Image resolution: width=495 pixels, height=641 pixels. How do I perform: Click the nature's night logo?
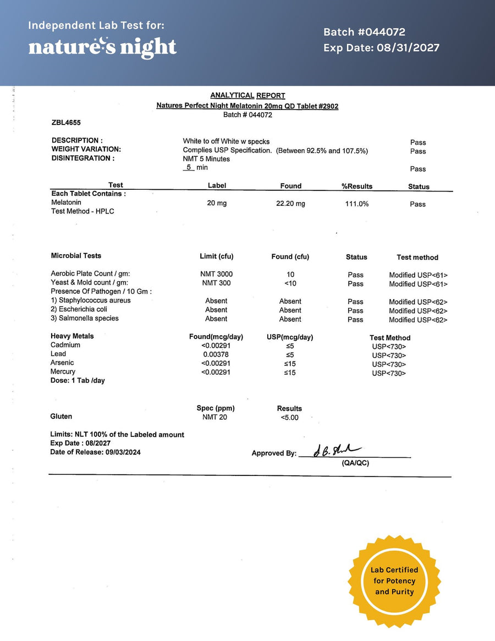pos(102,47)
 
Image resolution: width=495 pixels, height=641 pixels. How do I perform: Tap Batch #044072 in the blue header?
pos(364,32)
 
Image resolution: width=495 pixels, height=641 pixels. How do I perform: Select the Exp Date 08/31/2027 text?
pos(381,48)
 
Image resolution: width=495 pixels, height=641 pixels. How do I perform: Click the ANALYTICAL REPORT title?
pos(248,96)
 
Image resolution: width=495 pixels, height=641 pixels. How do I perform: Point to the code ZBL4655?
pos(66,123)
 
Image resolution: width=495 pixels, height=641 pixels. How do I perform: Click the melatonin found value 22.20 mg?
pos(290,204)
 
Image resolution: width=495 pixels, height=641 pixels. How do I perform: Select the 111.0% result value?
pos(356,204)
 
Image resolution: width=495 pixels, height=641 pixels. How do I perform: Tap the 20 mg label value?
pos(217,204)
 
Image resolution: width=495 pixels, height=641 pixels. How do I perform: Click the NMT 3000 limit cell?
pos(216,274)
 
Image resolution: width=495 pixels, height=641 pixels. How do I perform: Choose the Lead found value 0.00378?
pos(216,354)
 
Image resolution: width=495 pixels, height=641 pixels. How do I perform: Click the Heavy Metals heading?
pos(72,336)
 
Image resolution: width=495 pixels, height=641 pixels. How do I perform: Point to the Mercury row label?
pos(63,372)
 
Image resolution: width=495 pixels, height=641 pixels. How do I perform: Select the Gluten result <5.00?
pos(289,418)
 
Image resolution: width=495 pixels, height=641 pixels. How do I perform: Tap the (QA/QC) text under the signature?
pos(355,463)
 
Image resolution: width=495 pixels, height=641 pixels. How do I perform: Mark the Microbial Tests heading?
pos(76,256)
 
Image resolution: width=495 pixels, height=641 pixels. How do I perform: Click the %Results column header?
pos(357,187)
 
